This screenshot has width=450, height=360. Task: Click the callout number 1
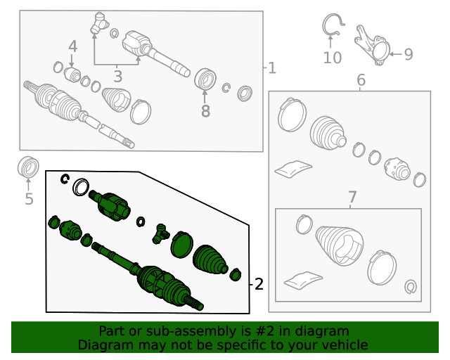[272, 68]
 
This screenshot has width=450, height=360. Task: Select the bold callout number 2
[259, 284]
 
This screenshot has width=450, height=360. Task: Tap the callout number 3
[118, 77]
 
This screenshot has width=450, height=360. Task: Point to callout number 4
[73, 46]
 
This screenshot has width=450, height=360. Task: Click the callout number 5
[29, 199]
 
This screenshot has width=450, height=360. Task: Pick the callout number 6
[361, 79]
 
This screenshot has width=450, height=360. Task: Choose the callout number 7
[352, 197]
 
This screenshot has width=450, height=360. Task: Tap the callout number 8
[205, 111]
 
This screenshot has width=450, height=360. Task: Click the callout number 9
[409, 54]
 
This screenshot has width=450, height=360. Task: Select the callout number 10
[333, 58]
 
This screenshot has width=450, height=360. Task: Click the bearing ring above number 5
[28, 167]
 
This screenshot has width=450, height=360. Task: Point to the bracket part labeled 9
[372, 46]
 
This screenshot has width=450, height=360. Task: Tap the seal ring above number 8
[205, 79]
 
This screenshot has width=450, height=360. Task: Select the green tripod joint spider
[160, 233]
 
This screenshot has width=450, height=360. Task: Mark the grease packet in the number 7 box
[303, 281]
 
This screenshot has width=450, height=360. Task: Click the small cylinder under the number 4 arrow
[72, 75]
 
